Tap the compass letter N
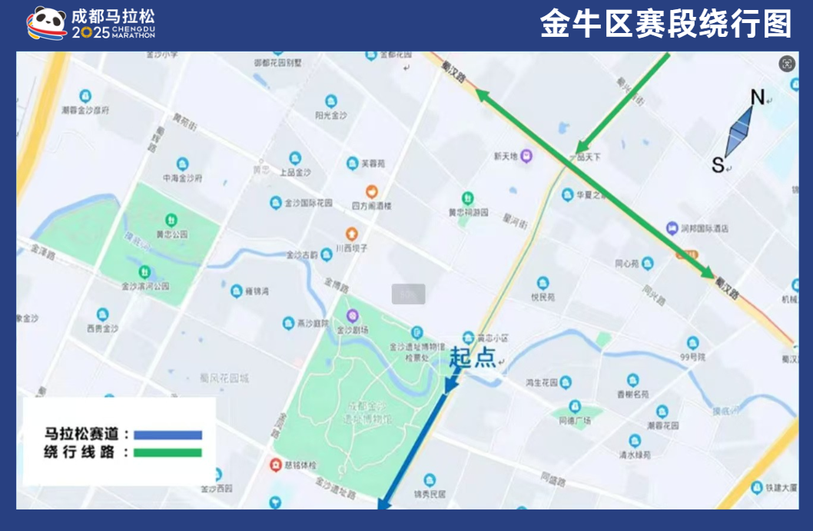[758, 98]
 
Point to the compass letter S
[718, 164]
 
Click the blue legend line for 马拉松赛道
[168, 435]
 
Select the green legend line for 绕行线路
[168, 453]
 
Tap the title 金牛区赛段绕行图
[665, 25]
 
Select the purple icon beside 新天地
[526, 156]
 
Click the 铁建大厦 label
[783, 487]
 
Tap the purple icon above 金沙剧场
[353, 315]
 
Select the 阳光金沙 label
[331, 115]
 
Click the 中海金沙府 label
[182, 178]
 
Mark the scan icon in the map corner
[786, 64]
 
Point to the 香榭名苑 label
[633, 393]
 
